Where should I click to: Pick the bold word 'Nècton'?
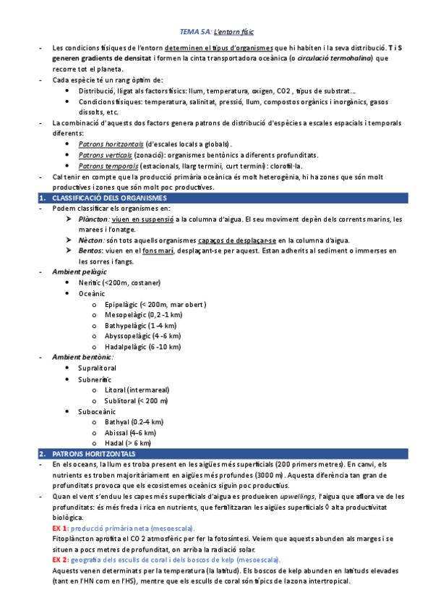[x=90, y=240]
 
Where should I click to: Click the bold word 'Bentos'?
[x=90, y=251]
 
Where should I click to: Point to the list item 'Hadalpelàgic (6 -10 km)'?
[x=144, y=347]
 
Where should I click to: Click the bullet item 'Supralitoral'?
[x=97, y=368]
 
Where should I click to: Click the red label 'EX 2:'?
[x=61, y=560]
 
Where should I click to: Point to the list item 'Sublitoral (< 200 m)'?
[x=136, y=400]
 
